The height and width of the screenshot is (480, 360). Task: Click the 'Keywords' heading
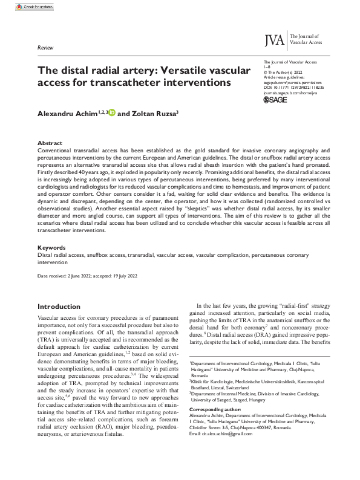[x=51, y=248]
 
